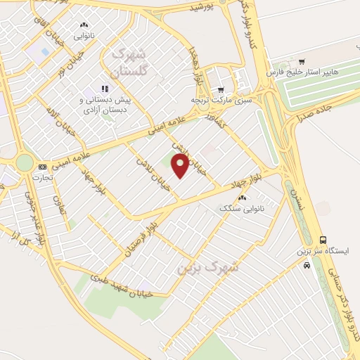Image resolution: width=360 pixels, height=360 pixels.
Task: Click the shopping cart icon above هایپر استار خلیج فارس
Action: pos(302,61)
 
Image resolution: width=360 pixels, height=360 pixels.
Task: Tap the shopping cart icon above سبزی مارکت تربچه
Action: pos(221,90)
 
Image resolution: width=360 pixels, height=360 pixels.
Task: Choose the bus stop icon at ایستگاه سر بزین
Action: pos(323,239)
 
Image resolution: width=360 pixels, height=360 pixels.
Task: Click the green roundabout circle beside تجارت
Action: pos(25,162)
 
